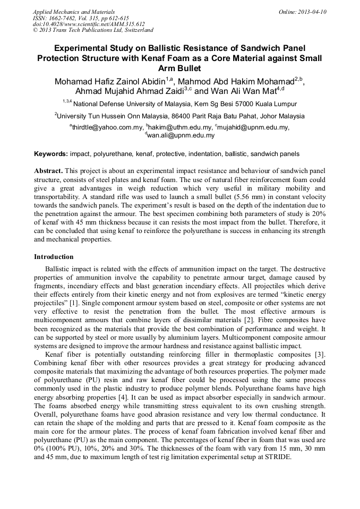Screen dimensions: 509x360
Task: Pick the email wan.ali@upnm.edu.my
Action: [179, 135]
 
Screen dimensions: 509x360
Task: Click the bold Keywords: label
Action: [50, 154]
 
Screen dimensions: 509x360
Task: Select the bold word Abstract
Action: [48, 171]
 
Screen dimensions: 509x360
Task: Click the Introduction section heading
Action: [54, 257]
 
